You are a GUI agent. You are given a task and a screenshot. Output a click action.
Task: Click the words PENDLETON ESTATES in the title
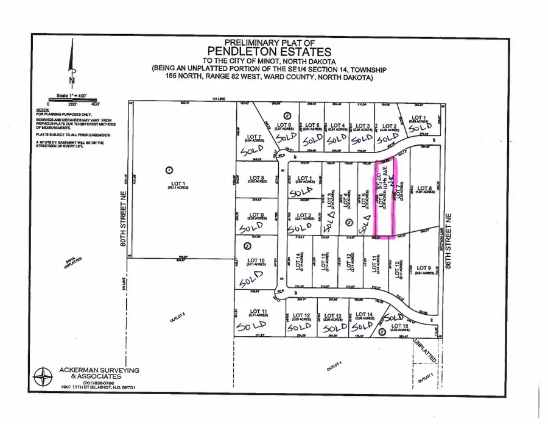[270, 52]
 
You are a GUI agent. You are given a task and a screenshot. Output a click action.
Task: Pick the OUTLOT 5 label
[176, 316]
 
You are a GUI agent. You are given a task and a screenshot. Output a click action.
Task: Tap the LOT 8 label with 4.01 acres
[426, 189]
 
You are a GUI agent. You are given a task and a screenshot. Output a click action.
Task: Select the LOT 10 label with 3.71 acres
[257, 264]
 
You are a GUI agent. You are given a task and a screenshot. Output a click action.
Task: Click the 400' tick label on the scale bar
[94, 104]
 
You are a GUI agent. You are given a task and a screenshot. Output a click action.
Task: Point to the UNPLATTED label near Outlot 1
[423, 352]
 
